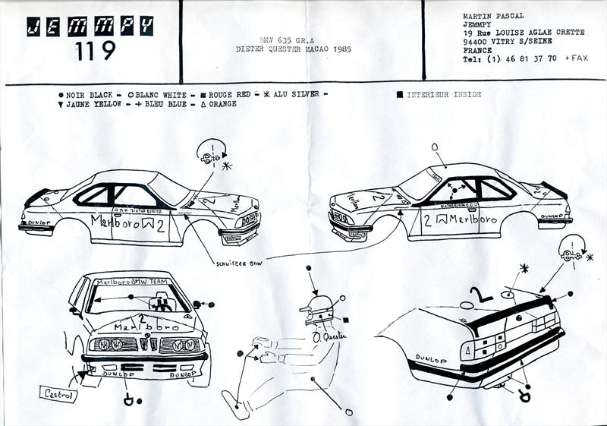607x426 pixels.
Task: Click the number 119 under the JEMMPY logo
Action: pos(96,51)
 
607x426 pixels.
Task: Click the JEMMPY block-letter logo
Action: pos(90,26)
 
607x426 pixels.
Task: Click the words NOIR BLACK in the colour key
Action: pos(89,95)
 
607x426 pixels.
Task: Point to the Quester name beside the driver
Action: pos(335,335)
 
